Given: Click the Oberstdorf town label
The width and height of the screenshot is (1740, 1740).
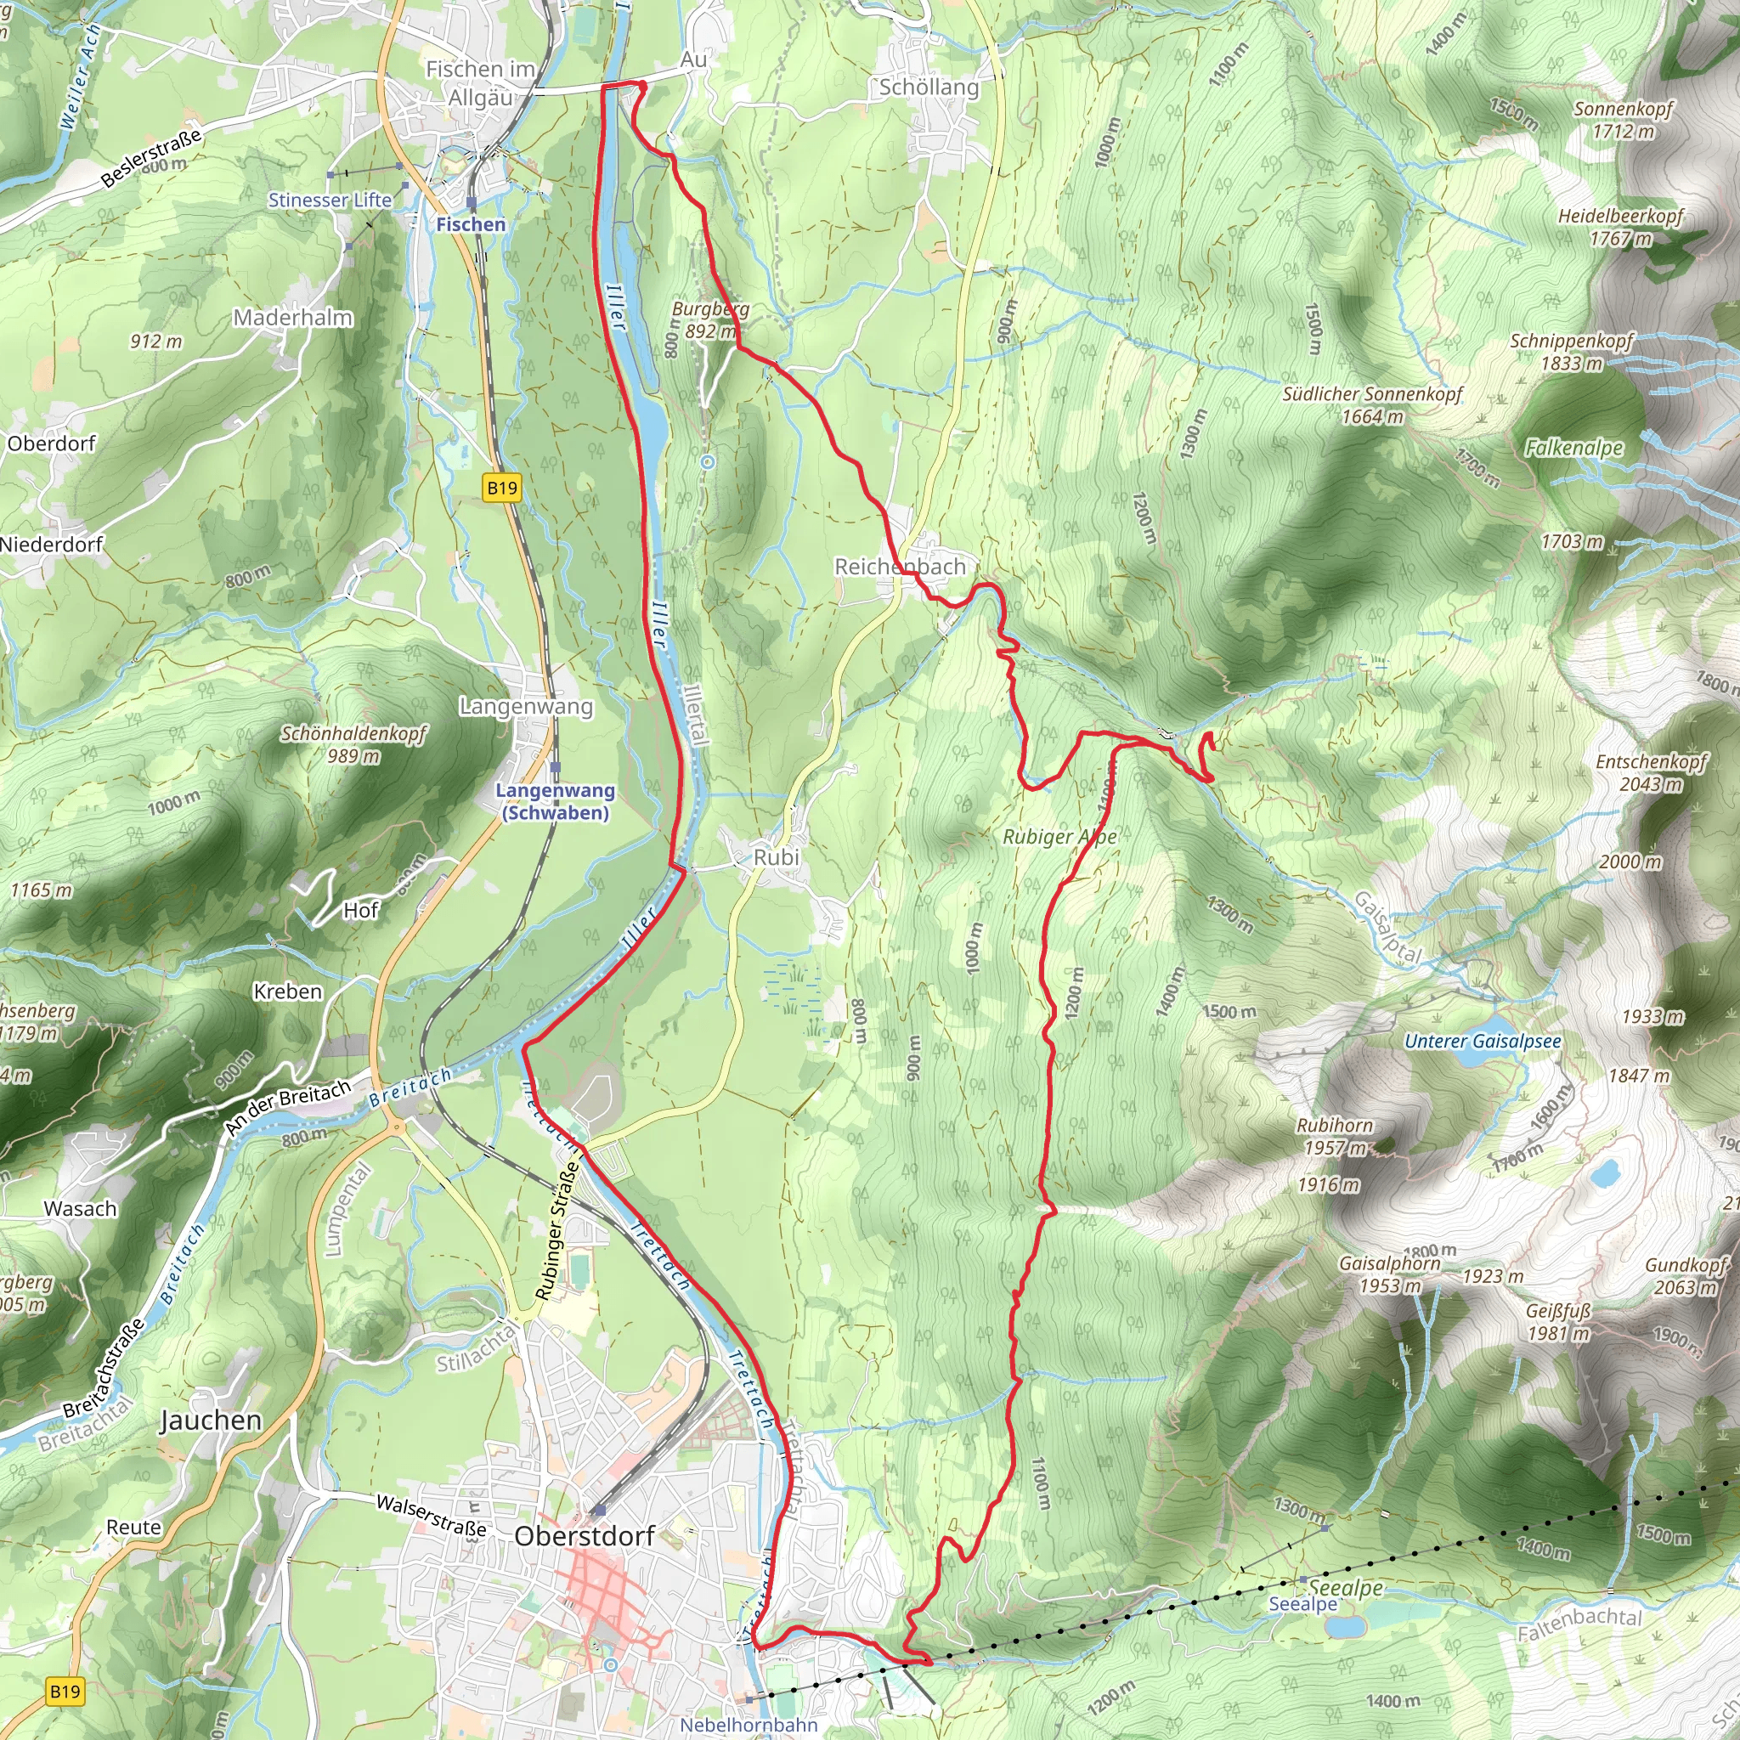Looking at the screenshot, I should (x=584, y=1535).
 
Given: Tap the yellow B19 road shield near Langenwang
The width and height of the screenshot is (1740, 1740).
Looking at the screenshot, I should (x=501, y=489).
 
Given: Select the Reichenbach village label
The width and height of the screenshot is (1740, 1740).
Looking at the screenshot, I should (x=899, y=567).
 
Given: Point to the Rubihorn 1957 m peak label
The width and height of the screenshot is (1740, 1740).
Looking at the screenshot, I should (x=1335, y=1137).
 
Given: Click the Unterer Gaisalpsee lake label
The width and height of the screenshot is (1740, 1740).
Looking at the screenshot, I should (x=1483, y=1041).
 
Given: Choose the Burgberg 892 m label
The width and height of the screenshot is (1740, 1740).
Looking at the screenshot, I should (x=709, y=319).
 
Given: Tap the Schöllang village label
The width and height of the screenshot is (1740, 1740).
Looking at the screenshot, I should (x=929, y=88).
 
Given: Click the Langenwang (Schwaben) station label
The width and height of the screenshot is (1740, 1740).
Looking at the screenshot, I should (x=555, y=801).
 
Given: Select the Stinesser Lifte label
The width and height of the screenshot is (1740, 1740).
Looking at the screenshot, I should (x=330, y=200).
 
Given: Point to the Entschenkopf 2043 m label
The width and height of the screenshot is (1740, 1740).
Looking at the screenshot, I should (x=1651, y=773).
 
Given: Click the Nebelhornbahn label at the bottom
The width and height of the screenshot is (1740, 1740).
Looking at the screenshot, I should (x=749, y=1725).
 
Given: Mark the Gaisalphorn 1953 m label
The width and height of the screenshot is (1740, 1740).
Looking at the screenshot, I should (x=1390, y=1274).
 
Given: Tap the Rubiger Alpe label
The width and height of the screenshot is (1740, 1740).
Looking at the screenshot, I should (x=1059, y=837).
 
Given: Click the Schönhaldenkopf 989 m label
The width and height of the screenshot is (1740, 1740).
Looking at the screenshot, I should (x=353, y=745).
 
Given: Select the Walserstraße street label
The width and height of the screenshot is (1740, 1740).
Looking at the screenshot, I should (x=431, y=1516).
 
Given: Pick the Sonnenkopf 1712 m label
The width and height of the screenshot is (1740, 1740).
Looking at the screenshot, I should (x=1623, y=120).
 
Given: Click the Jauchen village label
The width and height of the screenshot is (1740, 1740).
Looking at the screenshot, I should (x=210, y=1421).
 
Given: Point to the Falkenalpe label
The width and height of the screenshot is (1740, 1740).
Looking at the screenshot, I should (x=1573, y=448).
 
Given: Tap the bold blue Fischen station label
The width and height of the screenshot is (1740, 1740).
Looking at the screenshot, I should (x=470, y=224).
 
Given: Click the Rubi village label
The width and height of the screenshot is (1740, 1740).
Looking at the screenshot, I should (x=776, y=857).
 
